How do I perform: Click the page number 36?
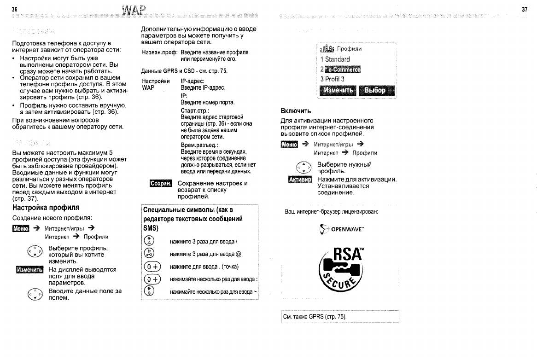(x=14, y=9)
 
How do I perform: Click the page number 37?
(x=525, y=9)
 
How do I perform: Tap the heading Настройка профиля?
(x=46, y=208)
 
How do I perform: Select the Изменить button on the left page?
(x=29, y=269)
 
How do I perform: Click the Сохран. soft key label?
(x=161, y=184)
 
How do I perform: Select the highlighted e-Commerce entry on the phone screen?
(x=343, y=70)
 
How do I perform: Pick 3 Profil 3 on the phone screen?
(x=332, y=79)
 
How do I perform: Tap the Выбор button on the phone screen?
(x=376, y=90)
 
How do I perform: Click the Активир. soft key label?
(x=300, y=180)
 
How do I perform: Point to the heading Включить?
(x=296, y=111)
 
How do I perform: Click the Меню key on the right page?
(x=289, y=145)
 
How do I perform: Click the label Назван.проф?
(x=159, y=53)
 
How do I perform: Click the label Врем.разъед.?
(x=199, y=145)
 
